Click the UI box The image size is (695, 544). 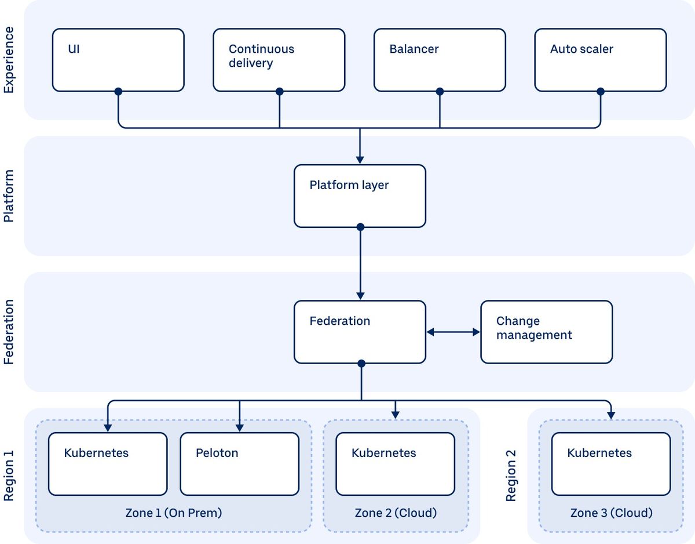tap(118, 60)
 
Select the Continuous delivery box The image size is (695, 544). tap(279, 60)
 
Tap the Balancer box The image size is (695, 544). tap(440, 60)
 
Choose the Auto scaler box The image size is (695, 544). tap(601, 60)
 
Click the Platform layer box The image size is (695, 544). tap(360, 196)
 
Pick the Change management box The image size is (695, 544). tap(547, 332)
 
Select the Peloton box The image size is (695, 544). tap(240, 464)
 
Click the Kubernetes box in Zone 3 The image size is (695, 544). tap(611, 464)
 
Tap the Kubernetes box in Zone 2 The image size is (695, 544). tap(396, 464)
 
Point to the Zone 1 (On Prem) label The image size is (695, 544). tap(174, 513)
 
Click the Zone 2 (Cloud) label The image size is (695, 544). tap(396, 513)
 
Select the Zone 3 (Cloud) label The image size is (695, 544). tap(611, 513)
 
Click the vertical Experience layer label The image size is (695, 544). tap(9, 60)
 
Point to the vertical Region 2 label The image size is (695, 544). tap(511, 476)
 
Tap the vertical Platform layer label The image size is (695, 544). tap(9, 196)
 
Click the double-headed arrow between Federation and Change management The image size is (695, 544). tap(453, 332)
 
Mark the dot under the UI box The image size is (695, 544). tap(118, 92)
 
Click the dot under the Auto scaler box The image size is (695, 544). tap(601, 92)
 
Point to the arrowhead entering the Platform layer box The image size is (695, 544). tap(360, 160)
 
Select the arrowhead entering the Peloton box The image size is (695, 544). tap(240, 428)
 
